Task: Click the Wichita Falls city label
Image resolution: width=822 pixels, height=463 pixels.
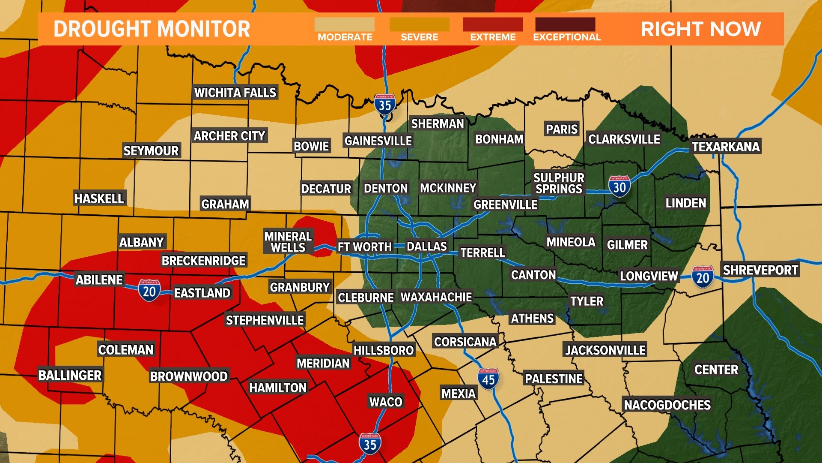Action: (235, 93)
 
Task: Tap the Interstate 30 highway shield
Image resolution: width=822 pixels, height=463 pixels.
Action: (619, 186)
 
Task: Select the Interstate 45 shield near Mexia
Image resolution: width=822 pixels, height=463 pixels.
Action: (488, 379)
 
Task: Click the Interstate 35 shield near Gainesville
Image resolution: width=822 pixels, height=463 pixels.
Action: (384, 105)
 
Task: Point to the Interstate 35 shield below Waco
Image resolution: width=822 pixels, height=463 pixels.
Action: (370, 444)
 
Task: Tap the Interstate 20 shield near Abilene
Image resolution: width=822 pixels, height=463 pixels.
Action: (149, 291)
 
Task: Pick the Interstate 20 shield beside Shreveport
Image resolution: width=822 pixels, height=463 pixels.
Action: (703, 277)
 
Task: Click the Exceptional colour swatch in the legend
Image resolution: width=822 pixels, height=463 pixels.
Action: (565, 24)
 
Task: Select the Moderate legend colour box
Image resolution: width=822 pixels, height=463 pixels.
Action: (344, 24)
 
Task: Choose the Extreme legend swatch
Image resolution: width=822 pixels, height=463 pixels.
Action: (492, 24)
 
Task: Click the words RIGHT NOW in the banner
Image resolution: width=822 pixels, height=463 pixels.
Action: (700, 29)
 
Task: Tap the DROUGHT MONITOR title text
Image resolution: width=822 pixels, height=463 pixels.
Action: (152, 29)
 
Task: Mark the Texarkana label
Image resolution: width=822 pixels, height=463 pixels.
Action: (726, 147)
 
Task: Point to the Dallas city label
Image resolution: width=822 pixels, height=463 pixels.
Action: (426, 247)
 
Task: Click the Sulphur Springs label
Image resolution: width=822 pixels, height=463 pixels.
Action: (559, 183)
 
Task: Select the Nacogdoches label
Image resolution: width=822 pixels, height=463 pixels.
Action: (667, 405)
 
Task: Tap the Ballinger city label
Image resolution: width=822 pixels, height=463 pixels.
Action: (70, 375)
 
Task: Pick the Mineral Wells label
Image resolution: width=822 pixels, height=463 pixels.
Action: (288, 242)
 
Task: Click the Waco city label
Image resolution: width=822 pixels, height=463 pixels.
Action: (386, 402)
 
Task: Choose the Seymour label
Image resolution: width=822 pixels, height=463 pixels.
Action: (151, 150)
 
